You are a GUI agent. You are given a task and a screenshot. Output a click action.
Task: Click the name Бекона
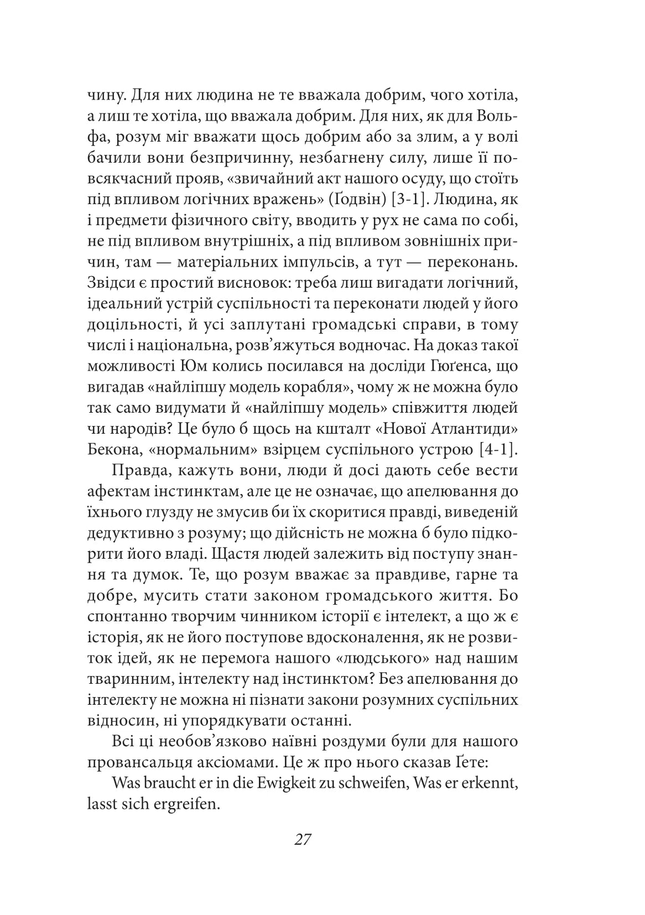113,450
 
